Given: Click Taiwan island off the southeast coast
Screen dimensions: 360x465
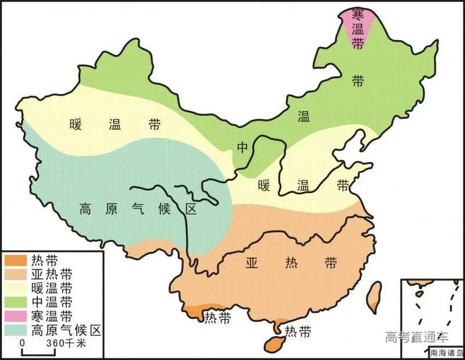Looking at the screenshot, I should (374, 297).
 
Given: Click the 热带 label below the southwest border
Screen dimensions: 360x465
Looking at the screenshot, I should (216, 318).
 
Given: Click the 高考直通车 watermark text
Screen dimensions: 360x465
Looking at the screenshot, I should (417, 336).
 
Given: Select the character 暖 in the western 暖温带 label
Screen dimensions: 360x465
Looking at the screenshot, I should (76, 124).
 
